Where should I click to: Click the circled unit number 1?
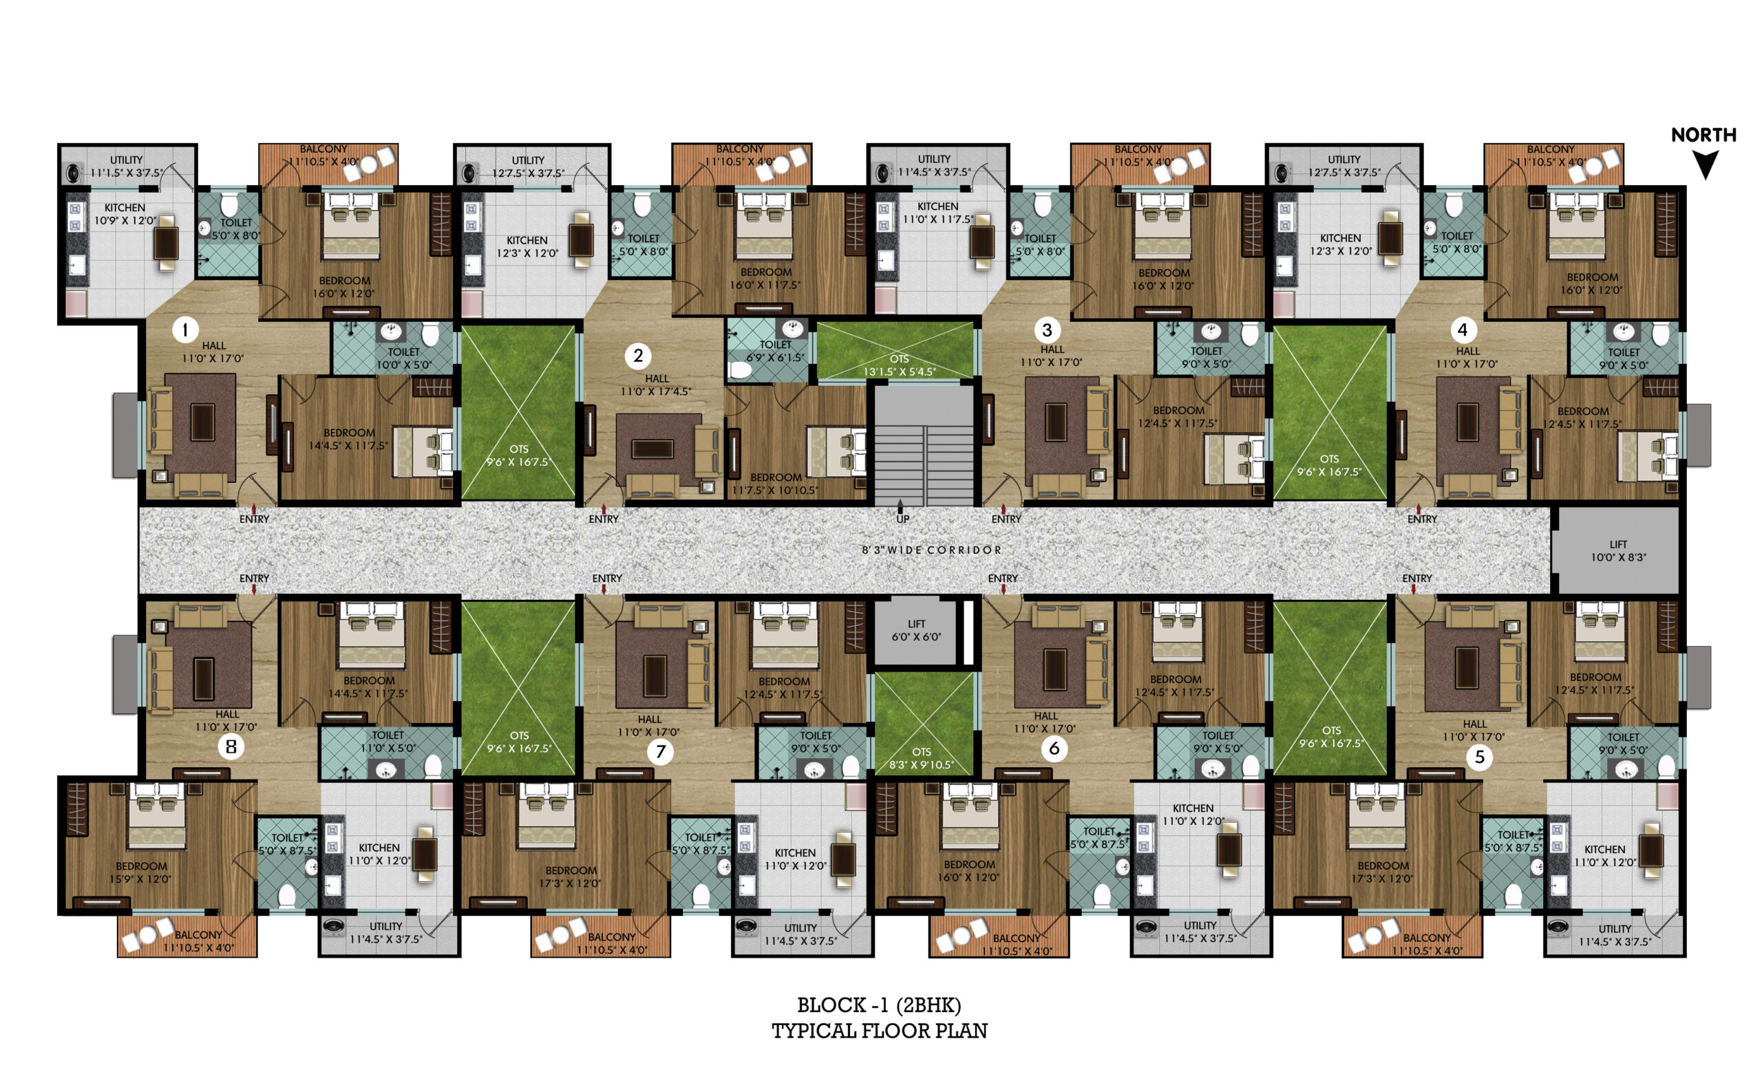[186, 330]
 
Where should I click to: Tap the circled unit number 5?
[1480, 758]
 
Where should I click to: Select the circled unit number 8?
[231, 747]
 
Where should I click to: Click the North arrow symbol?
[1706, 165]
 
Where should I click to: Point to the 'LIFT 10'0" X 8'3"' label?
[1618, 550]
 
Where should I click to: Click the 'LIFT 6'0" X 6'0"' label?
[916, 630]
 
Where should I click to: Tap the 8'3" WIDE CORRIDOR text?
[931, 550]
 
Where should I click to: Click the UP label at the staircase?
[903, 519]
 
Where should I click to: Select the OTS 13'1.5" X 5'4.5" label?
[900, 365]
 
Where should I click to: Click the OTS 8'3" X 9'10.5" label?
[921, 758]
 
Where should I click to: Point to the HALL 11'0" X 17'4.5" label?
[657, 385]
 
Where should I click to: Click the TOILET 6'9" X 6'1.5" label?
[775, 350]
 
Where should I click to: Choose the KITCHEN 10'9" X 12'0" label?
[125, 214]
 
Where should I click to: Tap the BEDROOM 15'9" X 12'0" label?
[141, 872]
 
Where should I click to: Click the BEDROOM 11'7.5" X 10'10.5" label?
[775, 484]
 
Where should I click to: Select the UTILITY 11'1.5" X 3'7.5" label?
[127, 166]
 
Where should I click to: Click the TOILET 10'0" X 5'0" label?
[403, 358]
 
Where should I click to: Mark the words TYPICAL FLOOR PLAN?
[880, 1031]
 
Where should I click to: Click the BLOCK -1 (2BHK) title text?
[880, 1005]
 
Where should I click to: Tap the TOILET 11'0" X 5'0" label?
[388, 742]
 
